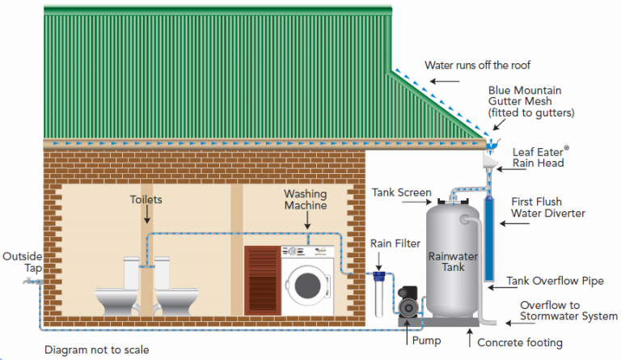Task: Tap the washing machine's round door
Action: pos(308,286)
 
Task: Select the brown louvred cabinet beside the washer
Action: pos(262,280)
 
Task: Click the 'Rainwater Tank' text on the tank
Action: pos(453,260)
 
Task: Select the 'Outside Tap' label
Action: pos(21,262)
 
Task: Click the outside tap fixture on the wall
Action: pos(31,282)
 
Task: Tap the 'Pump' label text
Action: pos(426,341)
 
